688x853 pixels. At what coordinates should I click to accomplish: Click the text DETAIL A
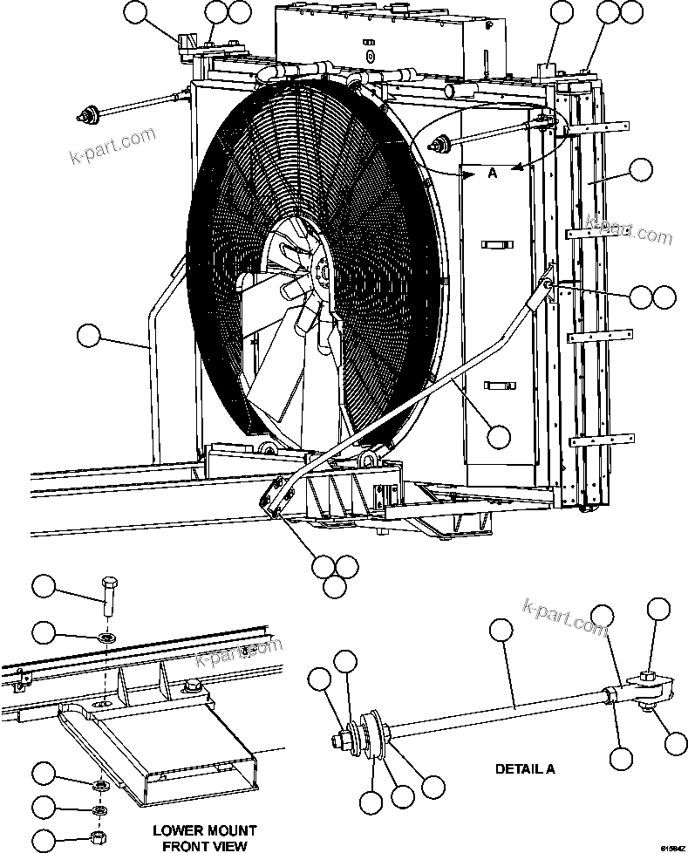(x=525, y=769)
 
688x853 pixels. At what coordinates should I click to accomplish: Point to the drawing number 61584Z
(x=672, y=847)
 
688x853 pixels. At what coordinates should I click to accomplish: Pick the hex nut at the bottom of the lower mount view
(x=99, y=838)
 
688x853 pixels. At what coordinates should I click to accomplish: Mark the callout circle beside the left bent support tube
(x=90, y=335)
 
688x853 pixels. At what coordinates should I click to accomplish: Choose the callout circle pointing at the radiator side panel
(x=641, y=170)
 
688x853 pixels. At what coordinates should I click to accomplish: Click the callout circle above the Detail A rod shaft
(x=500, y=630)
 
